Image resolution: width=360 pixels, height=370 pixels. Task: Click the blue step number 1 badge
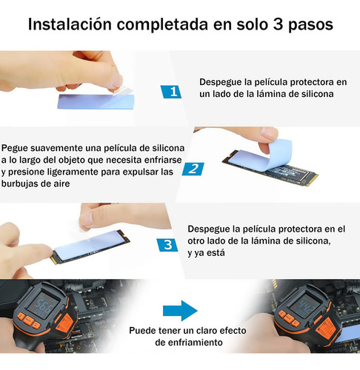tap(171, 92)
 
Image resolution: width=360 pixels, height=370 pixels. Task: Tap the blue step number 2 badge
tap(193, 169)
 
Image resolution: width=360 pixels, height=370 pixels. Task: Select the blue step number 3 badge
tap(167, 245)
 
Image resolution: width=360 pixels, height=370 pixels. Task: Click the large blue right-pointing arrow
tap(180, 311)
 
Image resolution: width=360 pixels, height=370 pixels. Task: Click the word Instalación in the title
tap(70, 24)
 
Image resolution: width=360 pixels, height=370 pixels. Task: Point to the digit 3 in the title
tap(278, 24)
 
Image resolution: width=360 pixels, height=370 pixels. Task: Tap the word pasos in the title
tap(310, 26)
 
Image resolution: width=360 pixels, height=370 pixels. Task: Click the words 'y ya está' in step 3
tap(206, 253)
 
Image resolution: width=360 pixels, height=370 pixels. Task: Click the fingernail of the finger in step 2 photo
tap(270, 135)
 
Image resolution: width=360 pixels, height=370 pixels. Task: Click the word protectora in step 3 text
tap(300, 229)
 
